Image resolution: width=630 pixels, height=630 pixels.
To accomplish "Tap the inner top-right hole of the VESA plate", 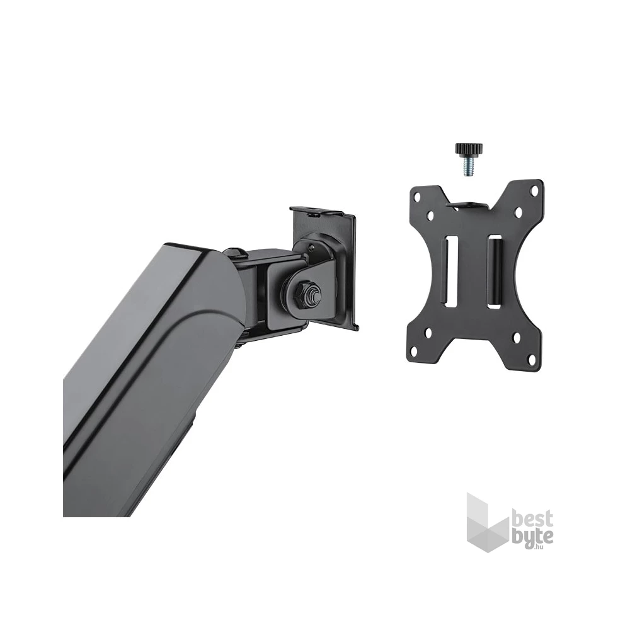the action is [518, 211].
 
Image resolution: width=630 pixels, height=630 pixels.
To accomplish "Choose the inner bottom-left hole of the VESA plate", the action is [430, 333].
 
